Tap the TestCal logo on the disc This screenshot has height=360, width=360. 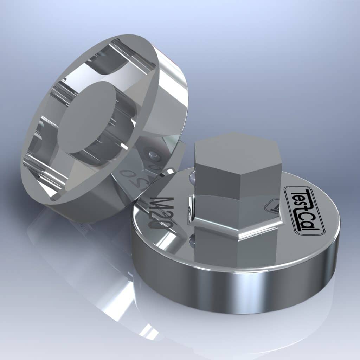305,211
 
